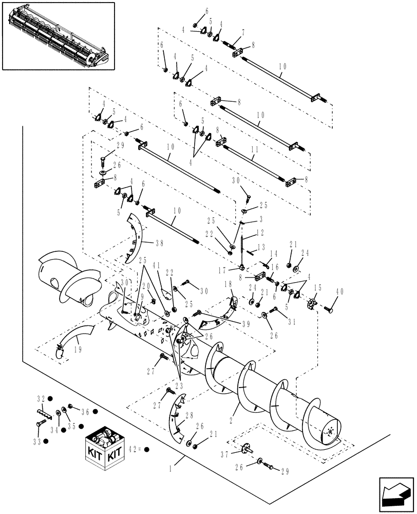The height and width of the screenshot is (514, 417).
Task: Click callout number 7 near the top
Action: click(243, 32)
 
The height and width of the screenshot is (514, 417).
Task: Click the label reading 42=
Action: click(136, 449)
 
